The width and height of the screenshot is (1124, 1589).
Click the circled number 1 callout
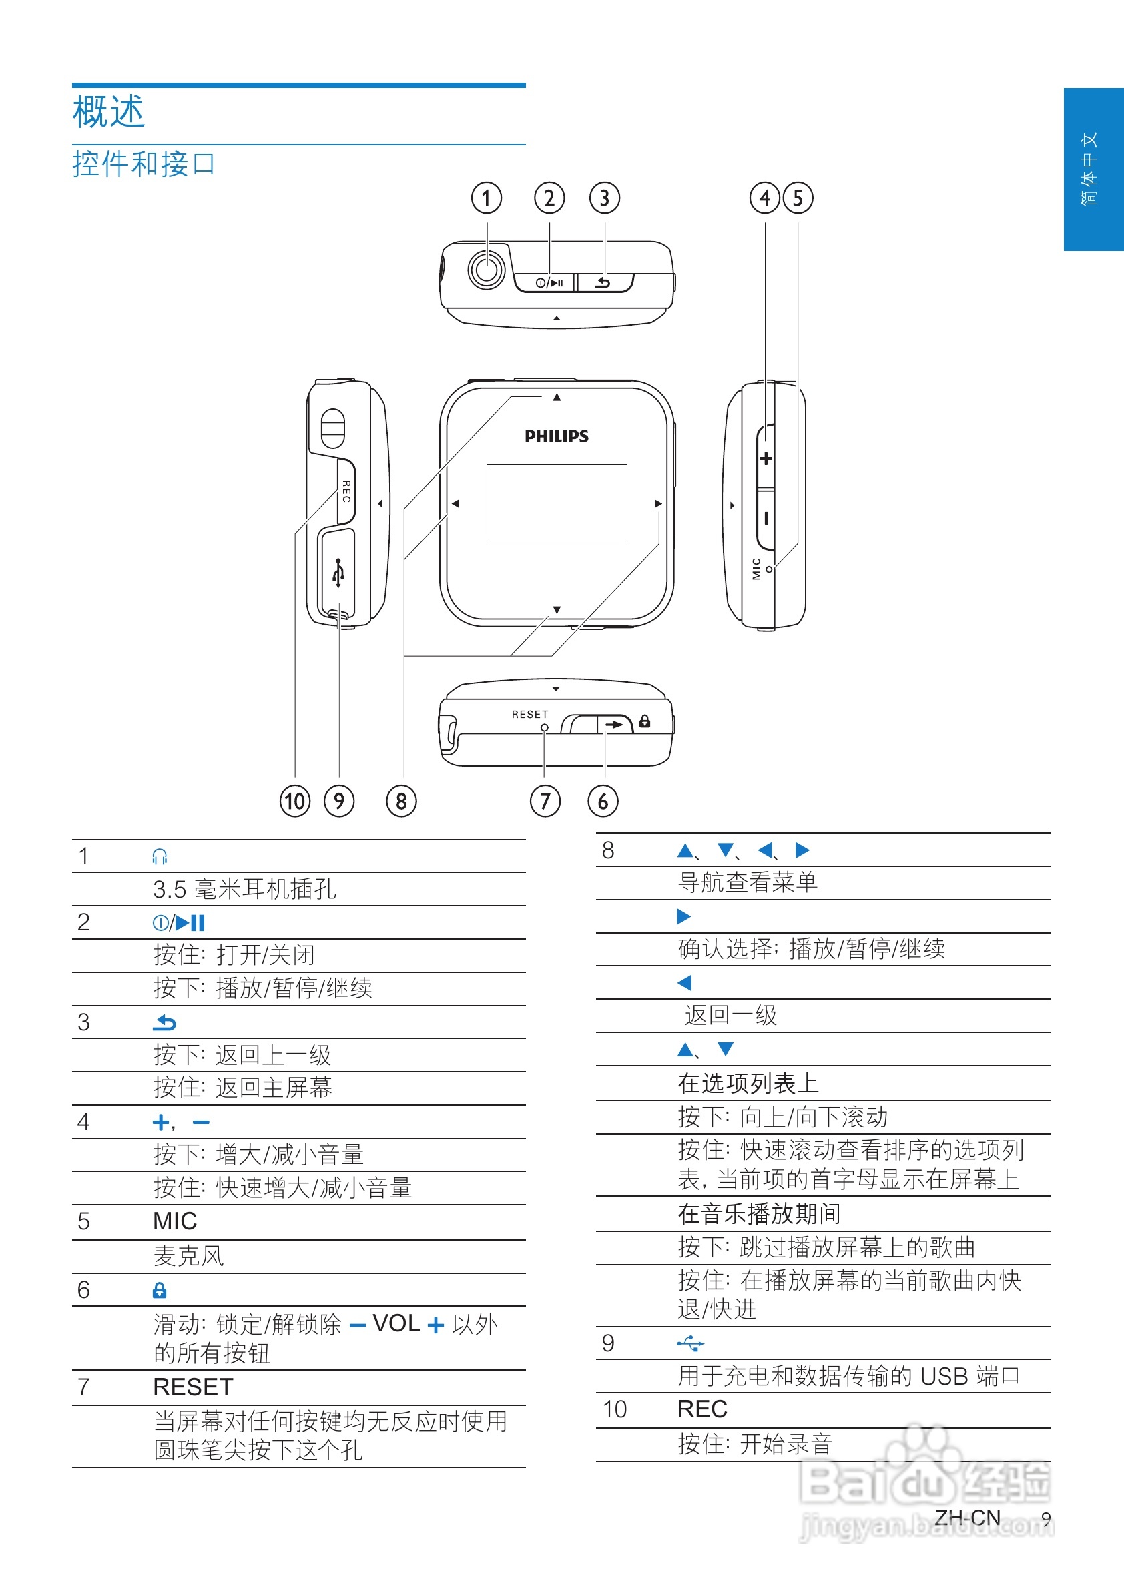click(486, 198)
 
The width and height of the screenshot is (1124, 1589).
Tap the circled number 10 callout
click(295, 801)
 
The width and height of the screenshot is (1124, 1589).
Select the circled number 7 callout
click(545, 801)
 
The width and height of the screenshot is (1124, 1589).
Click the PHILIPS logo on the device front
click(557, 436)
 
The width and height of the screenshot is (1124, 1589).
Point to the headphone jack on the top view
click(486, 268)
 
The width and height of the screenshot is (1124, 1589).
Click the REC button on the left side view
click(346, 491)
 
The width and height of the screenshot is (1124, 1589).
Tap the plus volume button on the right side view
click(766, 459)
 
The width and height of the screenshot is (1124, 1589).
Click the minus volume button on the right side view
click(766, 518)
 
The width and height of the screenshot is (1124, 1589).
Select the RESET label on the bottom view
click(529, 714)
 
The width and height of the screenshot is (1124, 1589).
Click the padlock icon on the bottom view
click(645, 721)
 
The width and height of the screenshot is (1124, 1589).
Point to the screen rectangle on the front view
click(557, 503)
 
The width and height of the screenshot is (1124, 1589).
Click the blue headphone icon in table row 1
click(160, 857)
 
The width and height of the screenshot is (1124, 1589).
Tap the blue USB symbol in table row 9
click(690, 1343)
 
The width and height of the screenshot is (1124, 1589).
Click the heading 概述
click(109, 112)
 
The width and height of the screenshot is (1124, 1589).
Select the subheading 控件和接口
click(144, 164)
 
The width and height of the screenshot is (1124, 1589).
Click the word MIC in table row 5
click(174, 1221)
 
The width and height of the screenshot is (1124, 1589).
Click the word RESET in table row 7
click(193, 1387)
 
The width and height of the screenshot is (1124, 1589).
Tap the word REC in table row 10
click(701, 1409)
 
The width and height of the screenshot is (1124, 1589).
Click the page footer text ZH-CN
click(967, 1517)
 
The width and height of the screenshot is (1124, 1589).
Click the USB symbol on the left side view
click(338, 573)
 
